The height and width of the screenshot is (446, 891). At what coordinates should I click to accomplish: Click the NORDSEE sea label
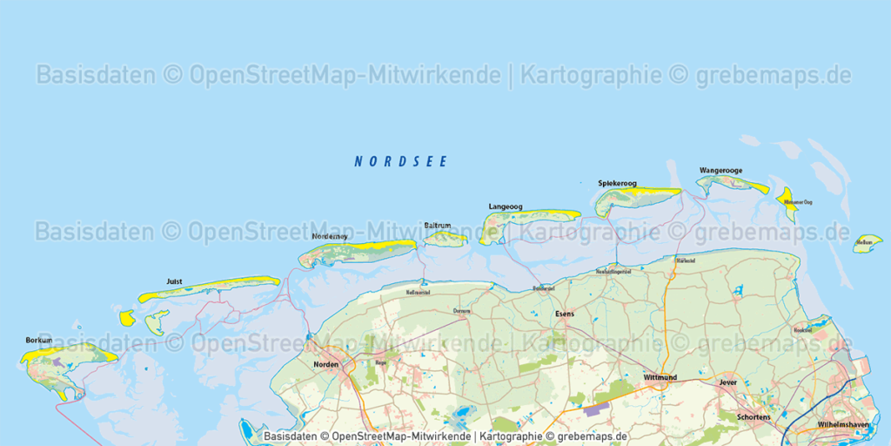(400, 161)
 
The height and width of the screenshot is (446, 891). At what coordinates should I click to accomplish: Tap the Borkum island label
(39, 340)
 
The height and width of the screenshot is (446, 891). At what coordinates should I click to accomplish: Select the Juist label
(173, 281)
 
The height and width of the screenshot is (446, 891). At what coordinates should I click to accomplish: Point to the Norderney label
(330, 236)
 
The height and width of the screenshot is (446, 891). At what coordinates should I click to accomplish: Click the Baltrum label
(438, 226)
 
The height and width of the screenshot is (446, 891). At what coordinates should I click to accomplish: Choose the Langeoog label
(506, 206)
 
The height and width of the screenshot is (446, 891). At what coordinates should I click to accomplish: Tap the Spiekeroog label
(617, 183)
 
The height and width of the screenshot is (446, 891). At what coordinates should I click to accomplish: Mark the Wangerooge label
(720, 171)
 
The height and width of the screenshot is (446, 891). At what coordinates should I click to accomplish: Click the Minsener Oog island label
(798, 202)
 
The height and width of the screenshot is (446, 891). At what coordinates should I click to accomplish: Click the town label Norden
(325, 364)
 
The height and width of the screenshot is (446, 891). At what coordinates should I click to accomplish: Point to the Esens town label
(565, 314)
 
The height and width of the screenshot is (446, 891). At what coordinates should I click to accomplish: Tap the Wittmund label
(660, 378)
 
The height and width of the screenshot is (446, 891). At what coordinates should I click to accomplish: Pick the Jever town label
(727, 382)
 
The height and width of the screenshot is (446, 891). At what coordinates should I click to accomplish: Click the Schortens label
(754, 417)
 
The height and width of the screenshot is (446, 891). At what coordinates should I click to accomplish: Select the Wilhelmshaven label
(843, 424)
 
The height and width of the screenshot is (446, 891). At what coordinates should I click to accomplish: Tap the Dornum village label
(462, 310)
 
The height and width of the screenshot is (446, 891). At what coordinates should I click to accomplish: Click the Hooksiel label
(802, 330)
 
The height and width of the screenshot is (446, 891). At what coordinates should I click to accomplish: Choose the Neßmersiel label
(419, 293)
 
